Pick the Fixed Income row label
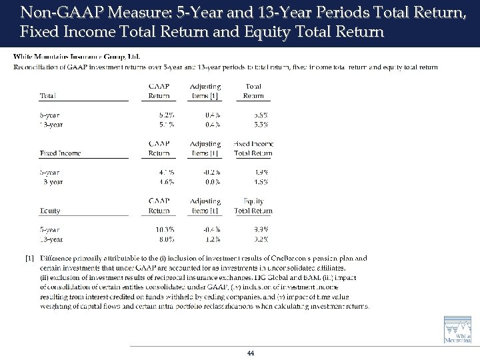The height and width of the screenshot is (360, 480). [x=61, y=153]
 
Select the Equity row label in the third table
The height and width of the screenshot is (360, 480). [x=50, y=211]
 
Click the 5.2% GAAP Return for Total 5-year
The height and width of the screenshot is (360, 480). [x=165, y=114]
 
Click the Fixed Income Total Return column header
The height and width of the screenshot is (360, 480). [x=253, y=148]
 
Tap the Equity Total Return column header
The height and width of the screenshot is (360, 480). [x=253, y=205]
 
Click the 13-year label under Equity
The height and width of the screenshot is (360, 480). [x=51, y=238]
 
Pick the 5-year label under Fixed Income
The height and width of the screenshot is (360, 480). [x=50, y=171]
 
